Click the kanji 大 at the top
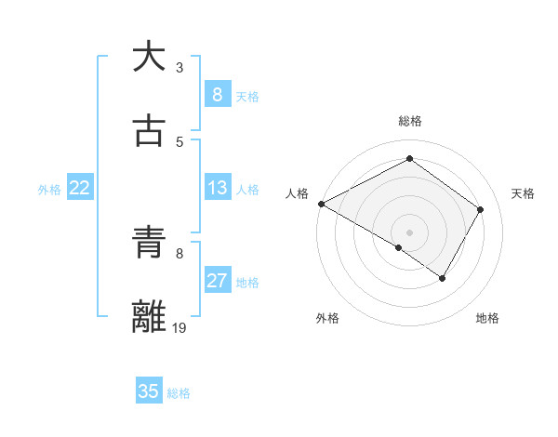(149, 57)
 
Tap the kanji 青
(149, 244)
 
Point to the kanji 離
(149, 317)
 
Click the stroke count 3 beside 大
(179, 68)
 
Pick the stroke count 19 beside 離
(180, 327)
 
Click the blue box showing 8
(217, 94)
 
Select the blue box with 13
(217, 188)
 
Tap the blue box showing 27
(217, 281)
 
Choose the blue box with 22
(80, 188)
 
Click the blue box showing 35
(149, 391)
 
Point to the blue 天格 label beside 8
(247, 96)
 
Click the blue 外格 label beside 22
(49, 189)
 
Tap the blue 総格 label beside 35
(179, 392)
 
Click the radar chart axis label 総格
(410, 121)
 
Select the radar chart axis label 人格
(298, 193)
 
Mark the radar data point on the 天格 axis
(481, 209)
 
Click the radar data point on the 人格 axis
(321, 204)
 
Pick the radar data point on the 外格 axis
(399, 247)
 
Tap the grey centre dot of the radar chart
(410, 232)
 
